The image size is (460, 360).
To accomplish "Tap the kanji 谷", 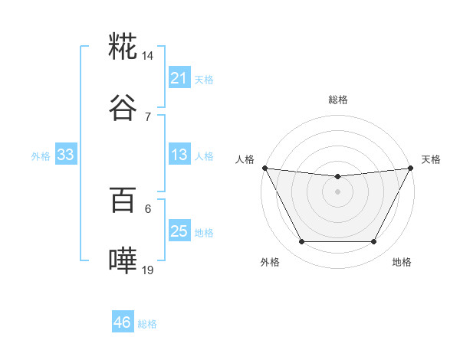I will click(x=123, y=108).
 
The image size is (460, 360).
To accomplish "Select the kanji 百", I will click(x=123, y=201).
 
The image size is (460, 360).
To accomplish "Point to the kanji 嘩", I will click(x=123, y=261).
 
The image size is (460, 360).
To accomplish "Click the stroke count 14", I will click(x=148, y=56).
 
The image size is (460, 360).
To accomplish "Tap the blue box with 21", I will click(x=179, y=78).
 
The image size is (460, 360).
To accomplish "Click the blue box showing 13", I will click(x=179, y=155).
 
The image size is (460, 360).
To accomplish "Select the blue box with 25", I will click(x=179, y=231).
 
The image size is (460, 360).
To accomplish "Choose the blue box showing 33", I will click(x=65, y=155).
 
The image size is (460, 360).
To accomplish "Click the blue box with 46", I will click(x=122, y=322).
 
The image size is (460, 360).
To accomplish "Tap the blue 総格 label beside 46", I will click(x=147, y=324).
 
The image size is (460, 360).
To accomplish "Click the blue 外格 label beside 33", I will click(x=41, y=156).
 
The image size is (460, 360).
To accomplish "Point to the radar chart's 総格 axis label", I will click(x=337, y=100).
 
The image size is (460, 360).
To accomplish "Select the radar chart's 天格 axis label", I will click(x=431, y=159).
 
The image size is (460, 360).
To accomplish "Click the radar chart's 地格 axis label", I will click(x=402, y=262).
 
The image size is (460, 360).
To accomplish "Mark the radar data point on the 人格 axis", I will click(x=264, y=168).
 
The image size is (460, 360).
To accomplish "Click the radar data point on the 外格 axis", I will click(x=301, y=242).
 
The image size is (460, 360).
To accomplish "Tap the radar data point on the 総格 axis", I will click(x=337, y=177).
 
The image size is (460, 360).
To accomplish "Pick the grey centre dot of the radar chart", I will click(x=337, y=191).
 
